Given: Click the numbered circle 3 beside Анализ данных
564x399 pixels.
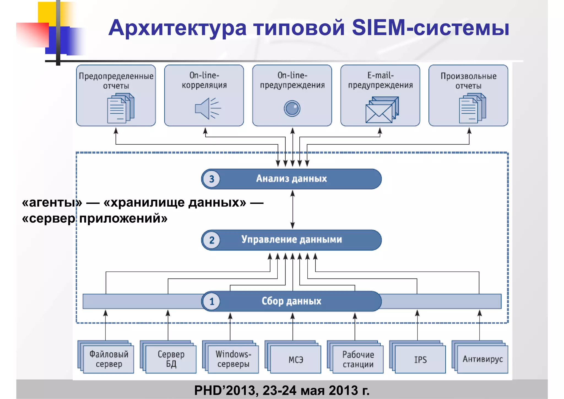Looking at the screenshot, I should pos(211,179).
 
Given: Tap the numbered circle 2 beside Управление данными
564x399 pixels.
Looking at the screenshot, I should pos(211,240).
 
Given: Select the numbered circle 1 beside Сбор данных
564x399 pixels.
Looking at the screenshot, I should pos(211,301).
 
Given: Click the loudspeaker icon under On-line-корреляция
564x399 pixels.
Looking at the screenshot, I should pos(207,109).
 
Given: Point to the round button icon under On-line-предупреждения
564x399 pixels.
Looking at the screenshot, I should pos(292,109).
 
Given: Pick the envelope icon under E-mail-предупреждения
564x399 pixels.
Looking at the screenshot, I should pos(381,110).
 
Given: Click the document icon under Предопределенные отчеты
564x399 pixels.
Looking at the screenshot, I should pos(120,108).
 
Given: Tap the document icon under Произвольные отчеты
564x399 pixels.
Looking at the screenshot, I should pos(472,108).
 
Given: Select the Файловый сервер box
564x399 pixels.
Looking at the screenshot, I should pos(109,359).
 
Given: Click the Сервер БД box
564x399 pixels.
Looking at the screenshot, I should pos(171,359).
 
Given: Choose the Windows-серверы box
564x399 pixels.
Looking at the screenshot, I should pos(233,359).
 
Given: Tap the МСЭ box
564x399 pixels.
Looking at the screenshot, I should pos(295,359).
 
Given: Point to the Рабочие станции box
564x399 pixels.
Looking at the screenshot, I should pos(358,359).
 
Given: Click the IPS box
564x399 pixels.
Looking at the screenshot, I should pos(420,359).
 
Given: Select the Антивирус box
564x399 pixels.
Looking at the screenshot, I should pos(482,359).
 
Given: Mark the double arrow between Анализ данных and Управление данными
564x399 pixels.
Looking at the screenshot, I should pos(292,209).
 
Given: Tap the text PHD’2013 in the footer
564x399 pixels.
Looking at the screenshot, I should pos(226,390).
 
